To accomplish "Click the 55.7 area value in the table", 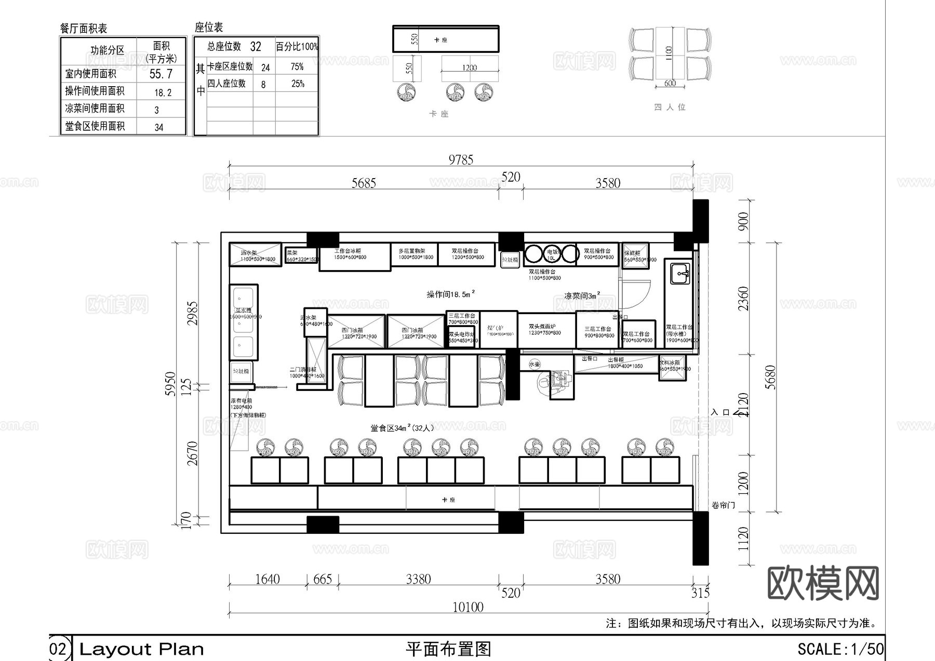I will (161, 74).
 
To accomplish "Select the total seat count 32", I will (255, 47).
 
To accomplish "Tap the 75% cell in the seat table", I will (297, 66).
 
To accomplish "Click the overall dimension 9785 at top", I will (461, 159).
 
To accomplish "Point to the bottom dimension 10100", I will (468, 607).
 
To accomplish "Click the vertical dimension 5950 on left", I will (170, 384).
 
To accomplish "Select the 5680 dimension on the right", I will (770, 377).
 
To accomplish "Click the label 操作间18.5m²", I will (450, 294).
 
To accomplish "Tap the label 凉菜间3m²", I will (582, 295).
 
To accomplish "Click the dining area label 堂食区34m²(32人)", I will (402, 428).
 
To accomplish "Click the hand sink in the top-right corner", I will (680, 273).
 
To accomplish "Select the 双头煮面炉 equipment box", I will (545, 330).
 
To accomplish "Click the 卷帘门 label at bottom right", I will (723, 505).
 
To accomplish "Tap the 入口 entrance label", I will (720, 412).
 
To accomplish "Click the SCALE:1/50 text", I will (840, 649).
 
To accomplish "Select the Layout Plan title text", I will (141, 649).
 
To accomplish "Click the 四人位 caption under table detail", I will (670, 107).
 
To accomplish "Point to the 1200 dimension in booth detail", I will (469, 68).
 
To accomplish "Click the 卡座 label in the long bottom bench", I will (448, 500).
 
